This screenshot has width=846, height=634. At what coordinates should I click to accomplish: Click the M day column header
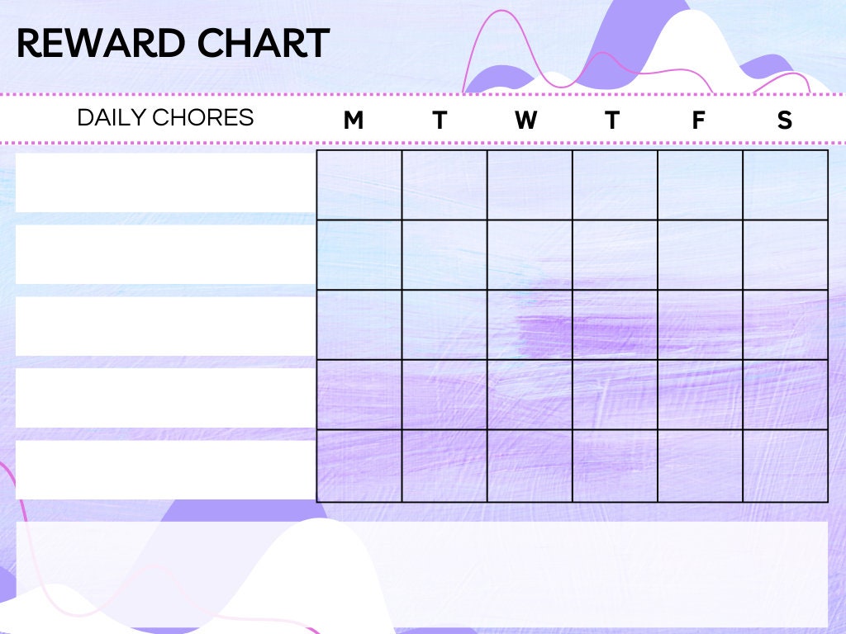click(x=353, y=121)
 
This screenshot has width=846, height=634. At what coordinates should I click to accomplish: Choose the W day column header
click(x=525, y=121)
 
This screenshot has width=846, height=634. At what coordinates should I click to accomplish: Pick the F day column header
click(x=698, y=121)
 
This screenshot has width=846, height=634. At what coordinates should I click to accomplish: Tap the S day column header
click(x=784, y=121)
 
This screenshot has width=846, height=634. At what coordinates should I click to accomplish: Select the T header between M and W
click(x=440, y=121)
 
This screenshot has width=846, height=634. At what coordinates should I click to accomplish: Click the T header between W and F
click(x=611, y=121)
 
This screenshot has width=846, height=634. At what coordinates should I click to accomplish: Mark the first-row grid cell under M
click(x=359, y=185)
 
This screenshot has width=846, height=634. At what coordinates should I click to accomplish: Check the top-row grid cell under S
click(x=785, y=185)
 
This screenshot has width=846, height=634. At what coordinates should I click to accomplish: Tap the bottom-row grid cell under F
click(x=700, y=466)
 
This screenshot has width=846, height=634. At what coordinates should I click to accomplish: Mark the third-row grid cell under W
click(x=530, y=324)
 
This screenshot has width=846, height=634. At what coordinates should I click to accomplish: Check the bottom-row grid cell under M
click(x=359, y=466)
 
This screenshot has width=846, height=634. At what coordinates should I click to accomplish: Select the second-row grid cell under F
click(x=700, y=254)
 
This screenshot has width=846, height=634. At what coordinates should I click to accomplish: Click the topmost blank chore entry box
click(x=165, y=182)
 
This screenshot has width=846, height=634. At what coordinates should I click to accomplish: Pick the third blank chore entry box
click(x=165, y=325)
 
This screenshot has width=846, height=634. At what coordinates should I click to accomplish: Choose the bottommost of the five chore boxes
click(x=165, y=469)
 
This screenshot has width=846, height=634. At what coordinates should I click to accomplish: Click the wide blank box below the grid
click(x=422, y=573)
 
